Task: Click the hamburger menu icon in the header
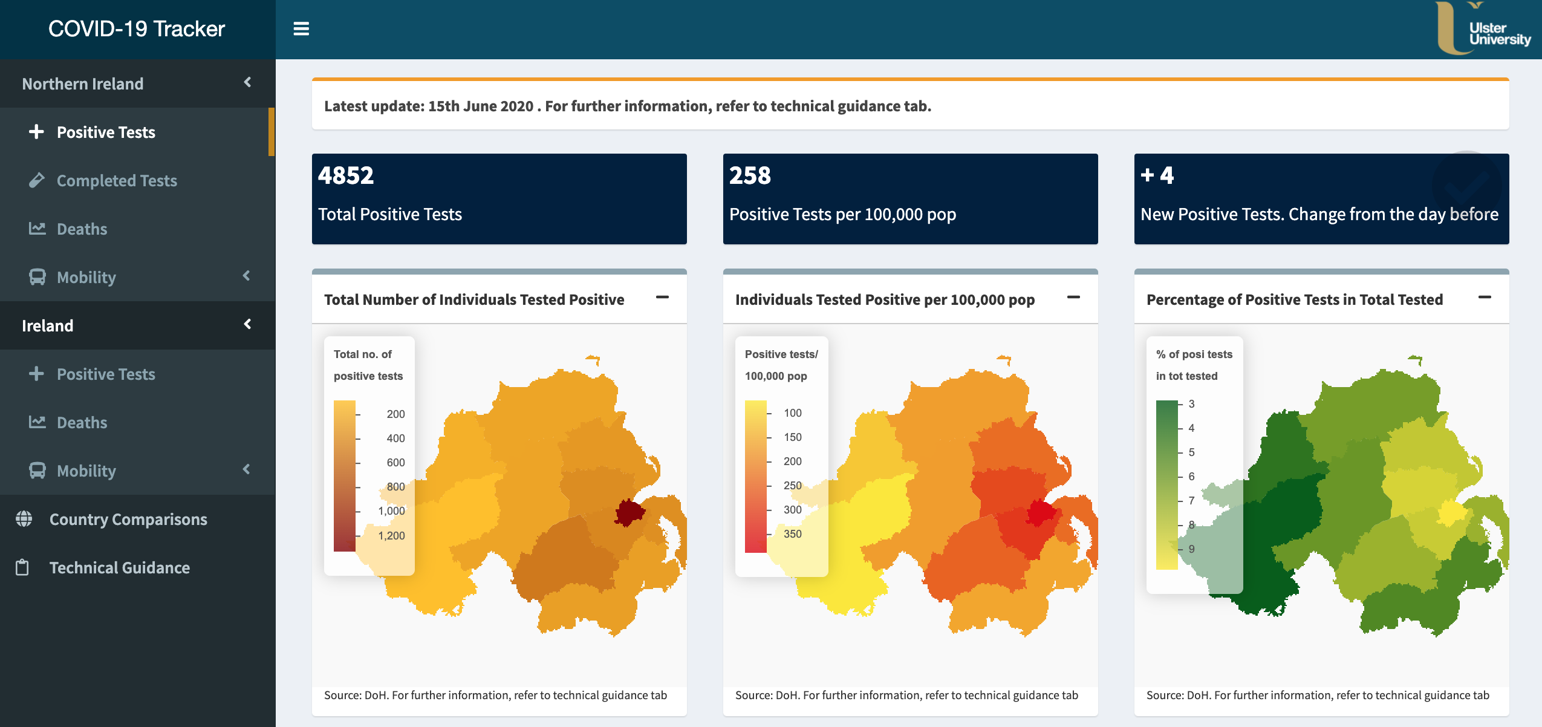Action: (x=301, y=29)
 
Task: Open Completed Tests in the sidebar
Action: (x=116, y=181)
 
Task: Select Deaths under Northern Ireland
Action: (x=82, y=229)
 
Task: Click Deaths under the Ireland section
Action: (x=82, y=423)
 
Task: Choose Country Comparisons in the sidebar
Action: (x=128, y=520)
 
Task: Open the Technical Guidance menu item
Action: (x=119, y=568)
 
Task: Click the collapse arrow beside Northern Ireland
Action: (x=247, y=82)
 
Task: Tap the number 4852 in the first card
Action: (x=346, y=175)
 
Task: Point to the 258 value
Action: (x=750, y=175)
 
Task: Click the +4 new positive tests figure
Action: (x=1157, y=175)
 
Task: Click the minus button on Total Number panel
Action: (x=662, y=298)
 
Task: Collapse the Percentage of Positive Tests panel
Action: (x=1485, y=298)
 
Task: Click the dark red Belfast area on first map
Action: (x=629, y=513)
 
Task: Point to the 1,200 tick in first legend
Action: (x=391, y=536)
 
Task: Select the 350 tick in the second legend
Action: (x=792, y=534)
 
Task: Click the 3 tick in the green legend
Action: (x=1191, y=404)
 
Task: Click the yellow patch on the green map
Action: (x=1451, y=513)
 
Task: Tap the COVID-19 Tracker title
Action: (x=137, y=29)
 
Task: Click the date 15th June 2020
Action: (x=481, y=106)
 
